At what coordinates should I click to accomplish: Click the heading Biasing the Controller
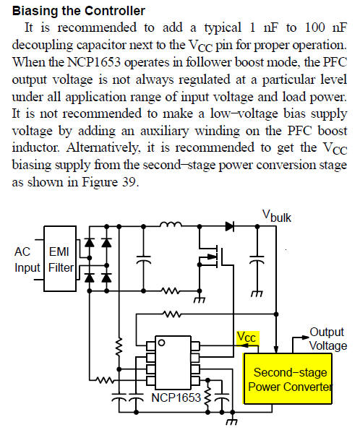click(79, 11)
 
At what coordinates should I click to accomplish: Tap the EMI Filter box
click(60, 259)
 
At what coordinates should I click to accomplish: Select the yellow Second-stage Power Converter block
click(288, 379)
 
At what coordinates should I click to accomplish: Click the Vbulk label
click(276, 216)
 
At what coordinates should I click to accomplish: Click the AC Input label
click(27, 259)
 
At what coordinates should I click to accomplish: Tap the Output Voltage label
click(327, 339)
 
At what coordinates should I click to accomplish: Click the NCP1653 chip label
click(176, 397)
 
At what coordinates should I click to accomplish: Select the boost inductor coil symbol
click(171, 224)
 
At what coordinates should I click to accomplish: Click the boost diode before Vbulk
click(230, 226)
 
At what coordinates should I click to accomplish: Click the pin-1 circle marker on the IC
click(162, 343)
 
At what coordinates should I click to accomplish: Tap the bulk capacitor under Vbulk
click(257, 260)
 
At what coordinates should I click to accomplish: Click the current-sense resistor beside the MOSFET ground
click(171, 291)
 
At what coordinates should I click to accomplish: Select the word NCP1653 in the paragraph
click(94, 62)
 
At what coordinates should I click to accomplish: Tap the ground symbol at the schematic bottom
click(231, 421)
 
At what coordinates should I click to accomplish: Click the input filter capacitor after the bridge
click(144, 259)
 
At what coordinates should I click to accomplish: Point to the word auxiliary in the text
click(165, 132)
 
